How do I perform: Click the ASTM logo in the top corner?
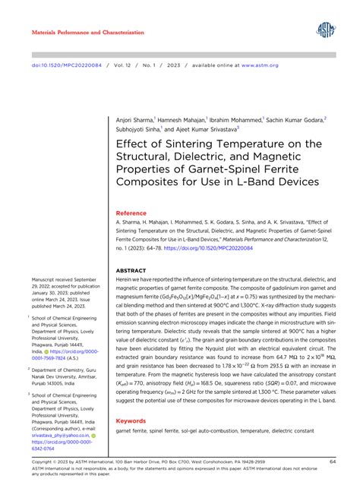327,31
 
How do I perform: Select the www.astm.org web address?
262,65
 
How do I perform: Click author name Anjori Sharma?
134,120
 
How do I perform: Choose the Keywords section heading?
132,420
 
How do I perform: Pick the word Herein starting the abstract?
125,282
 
